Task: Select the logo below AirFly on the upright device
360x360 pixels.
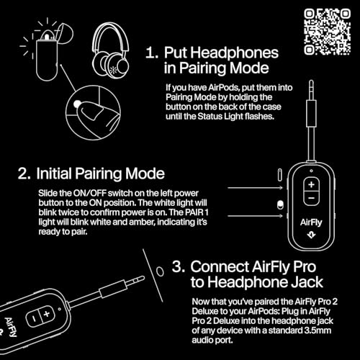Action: click(x=311, y=236)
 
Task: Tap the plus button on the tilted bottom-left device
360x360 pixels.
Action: click(x=46, y=315)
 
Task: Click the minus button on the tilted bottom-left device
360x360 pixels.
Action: click(x=30, y=318)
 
